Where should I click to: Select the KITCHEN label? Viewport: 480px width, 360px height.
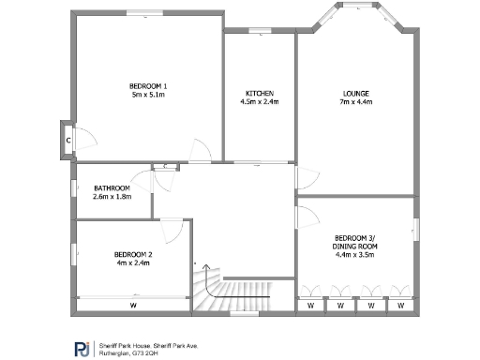click(x=260, y=93)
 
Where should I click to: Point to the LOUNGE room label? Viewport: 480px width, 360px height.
click(x=355, y=93)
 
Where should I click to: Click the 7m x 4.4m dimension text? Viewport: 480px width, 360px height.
click(x=355, y=102)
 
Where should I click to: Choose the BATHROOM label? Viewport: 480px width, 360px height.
click(x=112, y=187)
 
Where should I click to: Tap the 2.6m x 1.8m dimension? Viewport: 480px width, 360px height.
click(x=112, y=197)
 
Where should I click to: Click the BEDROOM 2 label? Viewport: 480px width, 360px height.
click(x=133, y=254)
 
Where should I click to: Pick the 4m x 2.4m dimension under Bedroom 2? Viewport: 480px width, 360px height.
click(x=133, y=263)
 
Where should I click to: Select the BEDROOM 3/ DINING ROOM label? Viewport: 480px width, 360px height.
click(x=355, y=242)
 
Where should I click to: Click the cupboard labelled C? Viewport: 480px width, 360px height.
click(x=68, y=140)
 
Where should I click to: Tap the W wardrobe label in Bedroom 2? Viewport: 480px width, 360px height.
click(x=133, y=306)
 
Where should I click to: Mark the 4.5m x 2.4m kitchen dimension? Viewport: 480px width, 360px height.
click(x=260, y=102)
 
